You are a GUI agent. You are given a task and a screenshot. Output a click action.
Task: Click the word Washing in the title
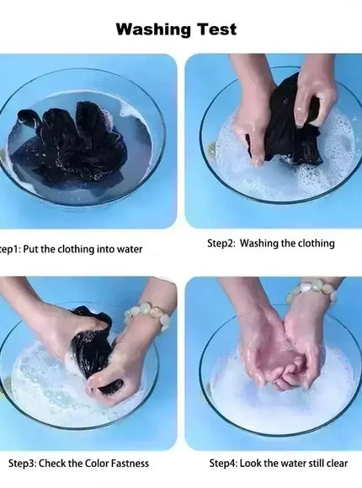[153, 30]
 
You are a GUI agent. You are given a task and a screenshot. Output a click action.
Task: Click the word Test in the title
[217, 29]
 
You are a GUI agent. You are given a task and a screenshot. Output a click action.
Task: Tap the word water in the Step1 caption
[130, 249]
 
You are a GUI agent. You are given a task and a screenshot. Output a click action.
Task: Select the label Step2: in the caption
[221, 243]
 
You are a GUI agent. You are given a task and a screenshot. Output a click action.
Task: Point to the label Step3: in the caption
[23, 463]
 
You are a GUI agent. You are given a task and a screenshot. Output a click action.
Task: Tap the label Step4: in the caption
[223, 463]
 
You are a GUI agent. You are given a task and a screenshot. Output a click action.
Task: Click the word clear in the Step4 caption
[337, 463]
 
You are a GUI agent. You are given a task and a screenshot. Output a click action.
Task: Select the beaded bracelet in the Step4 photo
[311, 292]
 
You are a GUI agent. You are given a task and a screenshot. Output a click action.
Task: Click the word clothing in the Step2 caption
[317, 243]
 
